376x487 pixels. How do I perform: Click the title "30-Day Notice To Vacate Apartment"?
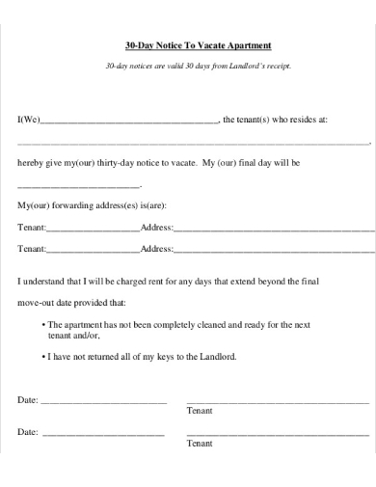(x=199, y=46)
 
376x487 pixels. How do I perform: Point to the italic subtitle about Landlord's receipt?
(x=198, y=66)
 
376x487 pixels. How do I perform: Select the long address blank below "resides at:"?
(x=193, y=143)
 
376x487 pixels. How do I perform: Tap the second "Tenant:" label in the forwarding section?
(x=32, y=248)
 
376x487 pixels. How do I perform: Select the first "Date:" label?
(x=28, y=399)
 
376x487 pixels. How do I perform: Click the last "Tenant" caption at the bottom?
(x=199, y=444)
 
